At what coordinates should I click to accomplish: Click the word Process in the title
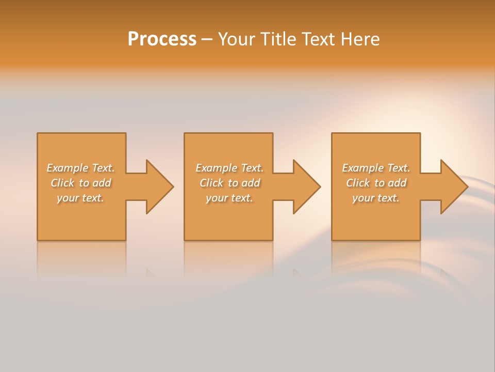(x=162, y=39)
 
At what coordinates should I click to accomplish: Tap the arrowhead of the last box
(x=453, y=187)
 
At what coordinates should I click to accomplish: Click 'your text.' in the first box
(x=80, y=198)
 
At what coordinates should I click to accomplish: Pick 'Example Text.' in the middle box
(x=229, y=168)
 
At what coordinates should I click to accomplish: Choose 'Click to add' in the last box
(x=376, y=183)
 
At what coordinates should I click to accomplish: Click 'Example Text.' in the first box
(x=80, y=168)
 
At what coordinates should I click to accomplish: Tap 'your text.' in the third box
(x=376, y=198)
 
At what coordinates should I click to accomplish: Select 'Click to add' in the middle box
(x=229, y=183)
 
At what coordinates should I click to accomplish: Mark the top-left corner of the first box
(x=38, y=134)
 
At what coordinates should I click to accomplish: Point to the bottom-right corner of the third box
(x=420, y=240)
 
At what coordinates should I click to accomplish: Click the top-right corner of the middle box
(x=272, y=134)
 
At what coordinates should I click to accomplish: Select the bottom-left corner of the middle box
(x=185, y=240)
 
